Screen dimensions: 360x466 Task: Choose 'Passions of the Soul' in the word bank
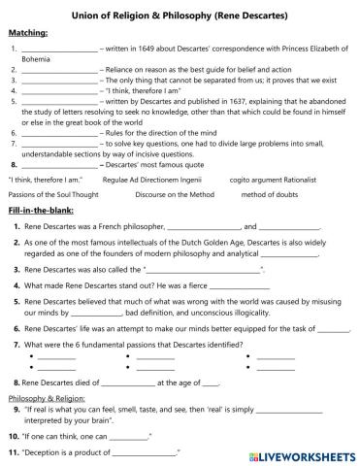pyautogui.click(x=44, y=194)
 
